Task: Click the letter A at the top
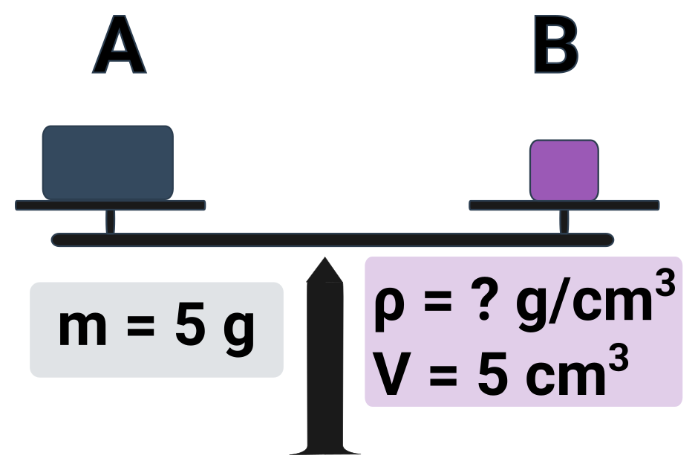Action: [x=119, y=46]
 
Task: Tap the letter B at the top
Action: [x=556, y=46]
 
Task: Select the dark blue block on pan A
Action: [x=108, y=162]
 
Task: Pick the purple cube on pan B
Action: [x=564, y=170]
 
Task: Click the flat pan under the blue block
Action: [x=110, y=205]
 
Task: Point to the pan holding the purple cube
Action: [x=564, y=205]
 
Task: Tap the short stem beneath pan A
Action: [x=110, y=222]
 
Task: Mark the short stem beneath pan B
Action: [x=564, y=222]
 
